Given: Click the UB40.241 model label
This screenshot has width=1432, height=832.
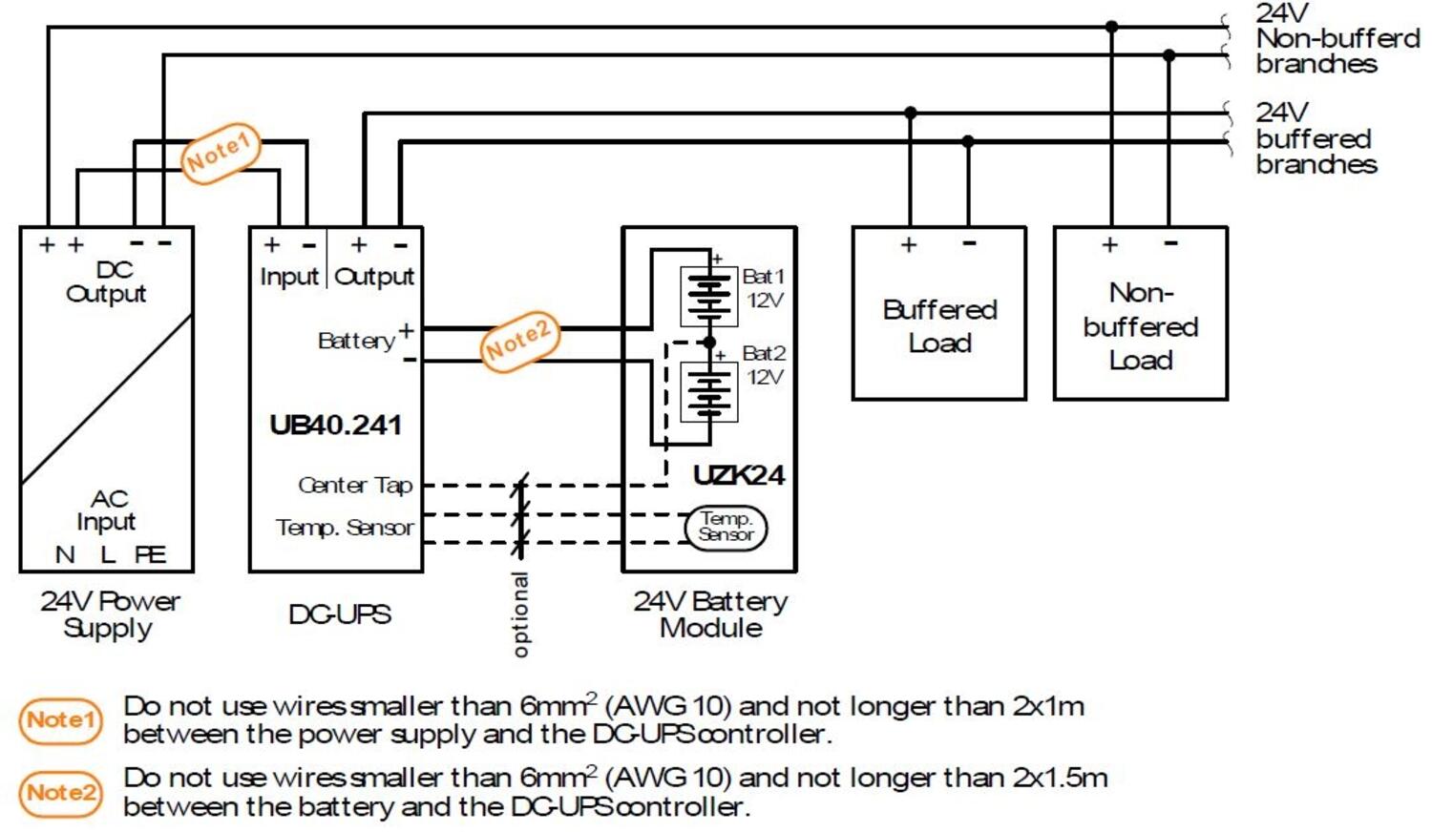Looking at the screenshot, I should pos(335,425).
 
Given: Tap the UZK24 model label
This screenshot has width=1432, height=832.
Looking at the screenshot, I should pos(738,474).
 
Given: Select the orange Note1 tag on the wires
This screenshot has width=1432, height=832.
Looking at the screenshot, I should pos(221,153).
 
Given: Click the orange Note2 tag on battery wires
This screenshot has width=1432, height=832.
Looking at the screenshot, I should pos(518,342).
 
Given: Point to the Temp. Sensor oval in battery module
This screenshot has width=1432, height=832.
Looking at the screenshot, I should pos(726,527).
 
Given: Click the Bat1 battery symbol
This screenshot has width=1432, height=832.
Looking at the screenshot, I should pos(708,296).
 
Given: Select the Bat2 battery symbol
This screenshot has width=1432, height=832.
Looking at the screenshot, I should pos(708,392).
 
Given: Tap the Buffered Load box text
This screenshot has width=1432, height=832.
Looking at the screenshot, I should pos(939,325).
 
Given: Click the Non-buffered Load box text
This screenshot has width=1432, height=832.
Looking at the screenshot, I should pos(1140,325).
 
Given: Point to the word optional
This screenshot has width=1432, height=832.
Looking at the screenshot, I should pos(520,614).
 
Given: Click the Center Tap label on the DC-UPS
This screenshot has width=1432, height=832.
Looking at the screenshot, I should pos(355,486).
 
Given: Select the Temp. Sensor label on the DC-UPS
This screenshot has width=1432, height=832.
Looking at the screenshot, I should pos(345,528).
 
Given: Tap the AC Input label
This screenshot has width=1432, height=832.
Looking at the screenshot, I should pos(107,510).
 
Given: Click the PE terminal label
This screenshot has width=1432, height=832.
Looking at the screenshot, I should pos(150,554).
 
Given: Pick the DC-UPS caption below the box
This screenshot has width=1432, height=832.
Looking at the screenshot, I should pos(339,614).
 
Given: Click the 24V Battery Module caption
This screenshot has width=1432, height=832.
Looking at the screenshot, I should pos(710,614).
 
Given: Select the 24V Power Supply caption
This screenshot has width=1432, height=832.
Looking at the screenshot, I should pos(109,614).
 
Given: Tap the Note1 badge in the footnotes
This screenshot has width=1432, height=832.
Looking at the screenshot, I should pos(60,720).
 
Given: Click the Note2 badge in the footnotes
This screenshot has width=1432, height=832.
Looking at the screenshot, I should pos(60,793).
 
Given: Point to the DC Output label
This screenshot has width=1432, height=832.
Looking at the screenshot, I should pos(106,281).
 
